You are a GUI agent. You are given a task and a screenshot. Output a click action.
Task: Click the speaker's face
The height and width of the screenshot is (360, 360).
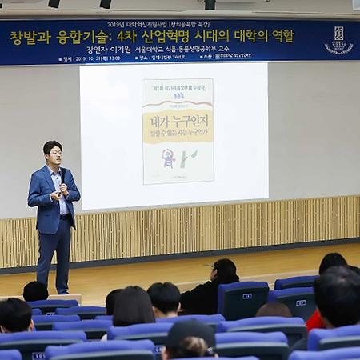[53, 153]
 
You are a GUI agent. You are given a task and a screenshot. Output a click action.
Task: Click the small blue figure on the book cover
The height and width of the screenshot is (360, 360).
[168, 158]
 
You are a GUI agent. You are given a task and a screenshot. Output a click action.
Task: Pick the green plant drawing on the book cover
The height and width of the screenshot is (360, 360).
[187, 158]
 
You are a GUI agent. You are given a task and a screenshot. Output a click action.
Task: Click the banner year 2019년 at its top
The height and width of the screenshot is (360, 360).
[116, 24]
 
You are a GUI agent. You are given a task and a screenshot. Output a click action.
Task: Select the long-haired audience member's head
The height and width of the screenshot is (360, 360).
[133, 306]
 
